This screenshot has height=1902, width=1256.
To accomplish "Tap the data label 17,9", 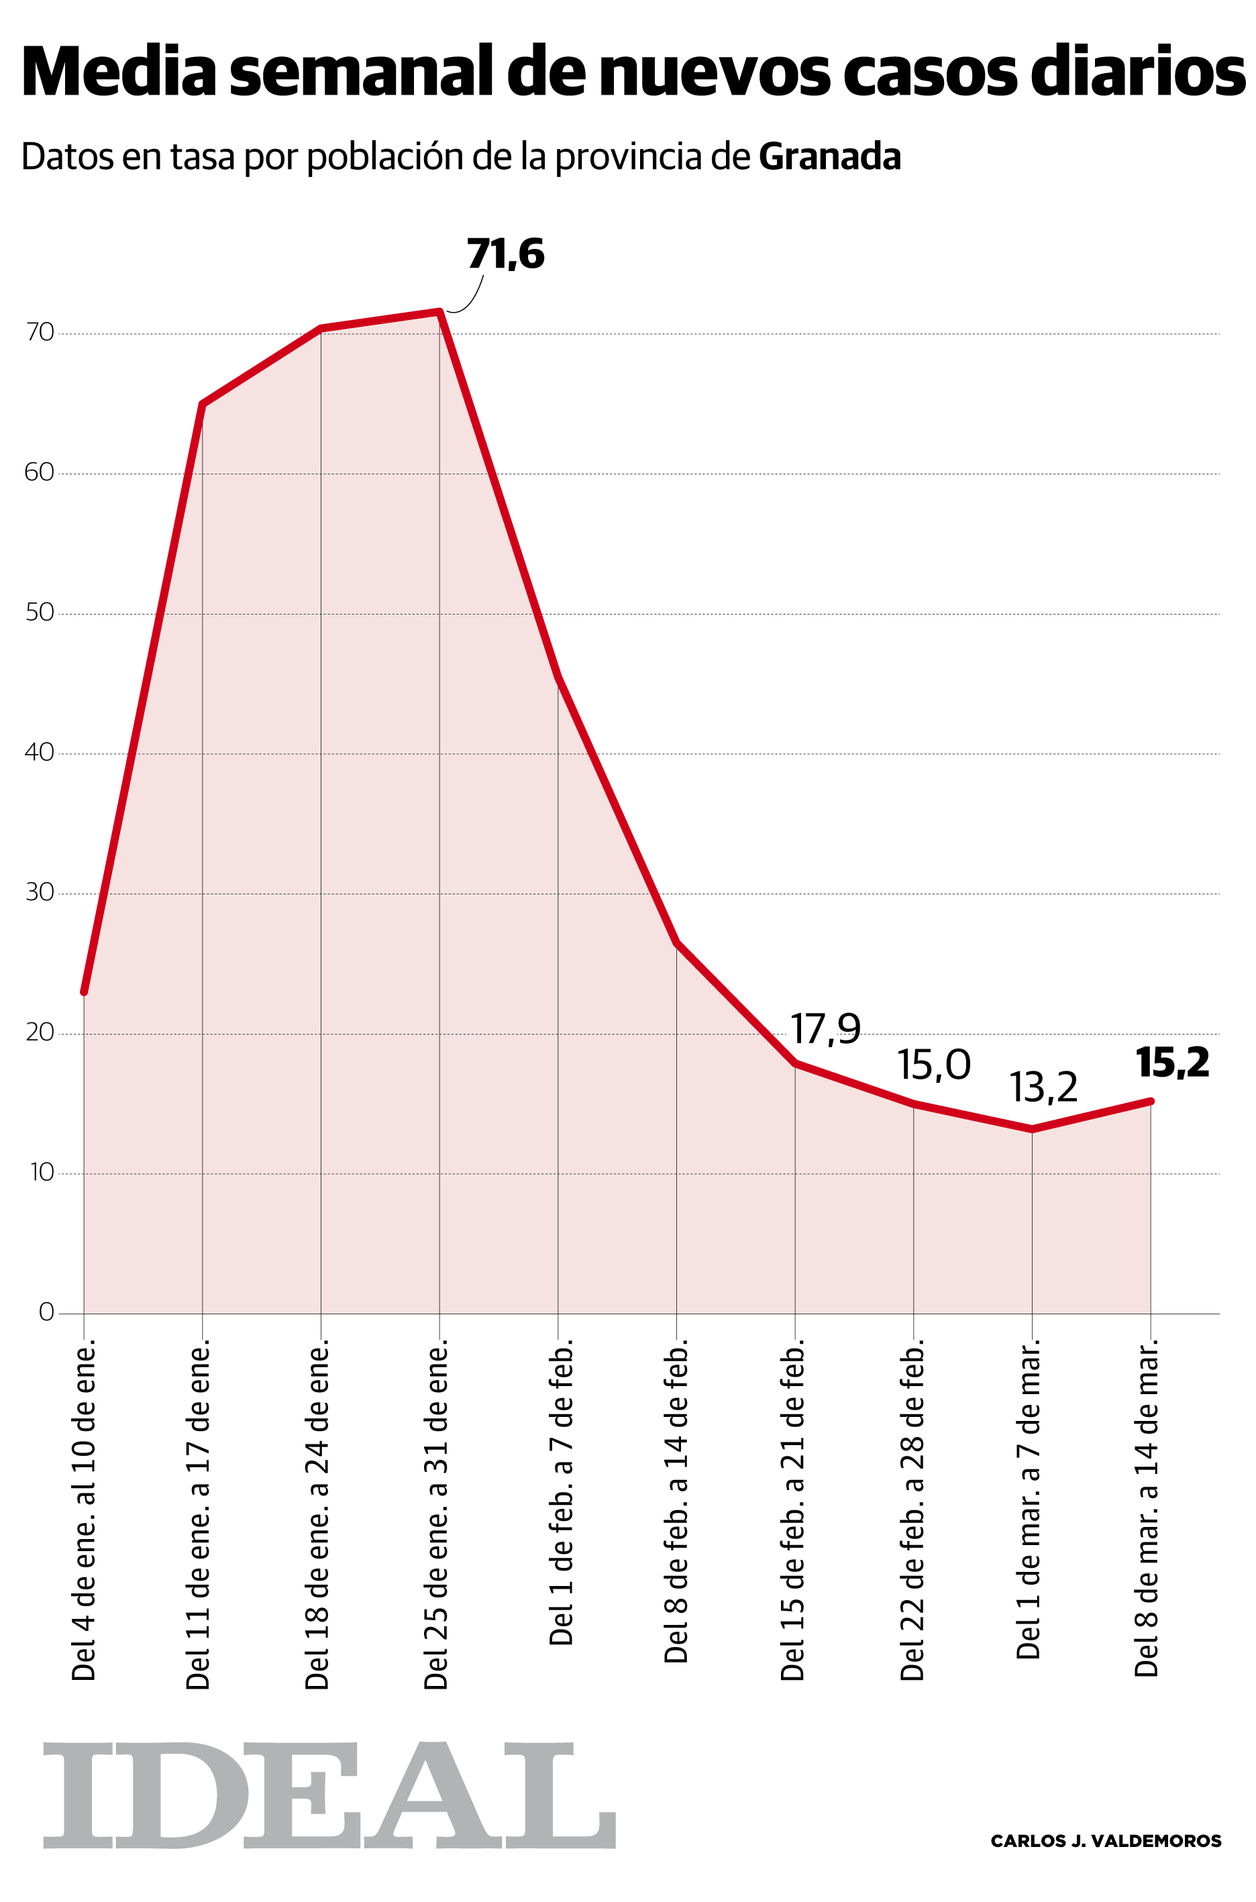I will (825, 1029).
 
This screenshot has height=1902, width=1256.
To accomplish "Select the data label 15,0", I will (933, 1065).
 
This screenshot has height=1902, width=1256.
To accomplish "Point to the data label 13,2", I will (1043, 1088).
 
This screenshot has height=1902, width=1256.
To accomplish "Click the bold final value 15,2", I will (1172, 1063).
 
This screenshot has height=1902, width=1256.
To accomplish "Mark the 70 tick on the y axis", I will (40, 332).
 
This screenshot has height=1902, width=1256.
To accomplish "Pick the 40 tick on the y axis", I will (40, 752).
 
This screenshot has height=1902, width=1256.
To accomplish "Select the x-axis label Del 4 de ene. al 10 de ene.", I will (84, 1509).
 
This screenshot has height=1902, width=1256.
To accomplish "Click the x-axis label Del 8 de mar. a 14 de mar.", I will (1147, 1506).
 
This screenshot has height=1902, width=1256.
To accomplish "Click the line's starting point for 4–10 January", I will (84, 992).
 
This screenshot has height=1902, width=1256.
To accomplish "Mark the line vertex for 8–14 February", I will (677, 943).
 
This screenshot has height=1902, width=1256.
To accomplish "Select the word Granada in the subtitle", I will (829, 157).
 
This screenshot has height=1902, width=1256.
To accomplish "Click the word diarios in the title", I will (1137, 72).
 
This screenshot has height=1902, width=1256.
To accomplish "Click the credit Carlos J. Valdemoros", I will (1106, 1841).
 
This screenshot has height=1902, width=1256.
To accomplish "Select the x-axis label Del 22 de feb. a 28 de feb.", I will (912, 1509).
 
